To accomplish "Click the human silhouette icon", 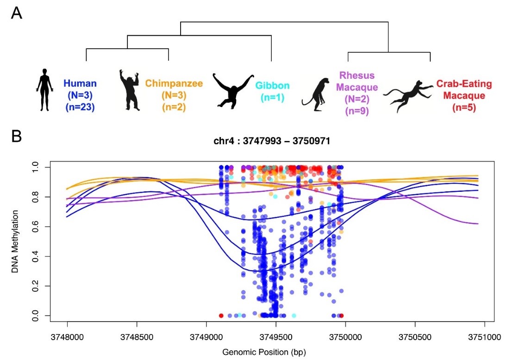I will tap(44, 90).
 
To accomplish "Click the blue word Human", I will tap(80, 84).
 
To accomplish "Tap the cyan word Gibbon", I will tap(273, 86).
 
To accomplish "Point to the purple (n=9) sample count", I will tap(357, 111).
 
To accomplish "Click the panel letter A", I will tap(16, 13).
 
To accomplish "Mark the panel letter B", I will tap(16, 137).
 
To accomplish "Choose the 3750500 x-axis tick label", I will tap(415, 335).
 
